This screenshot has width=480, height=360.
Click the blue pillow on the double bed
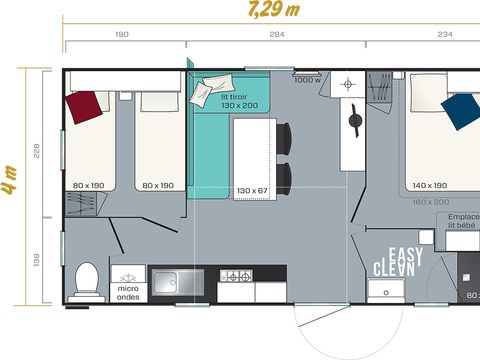click(461, 112)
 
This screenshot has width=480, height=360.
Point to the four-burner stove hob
click(236, 276)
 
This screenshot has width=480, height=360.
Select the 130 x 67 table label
click(253, 190)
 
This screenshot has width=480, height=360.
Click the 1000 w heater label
click(308, 80)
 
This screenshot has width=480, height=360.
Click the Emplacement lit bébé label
click(462, 221)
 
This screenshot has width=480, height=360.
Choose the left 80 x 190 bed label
click(88, 185)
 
